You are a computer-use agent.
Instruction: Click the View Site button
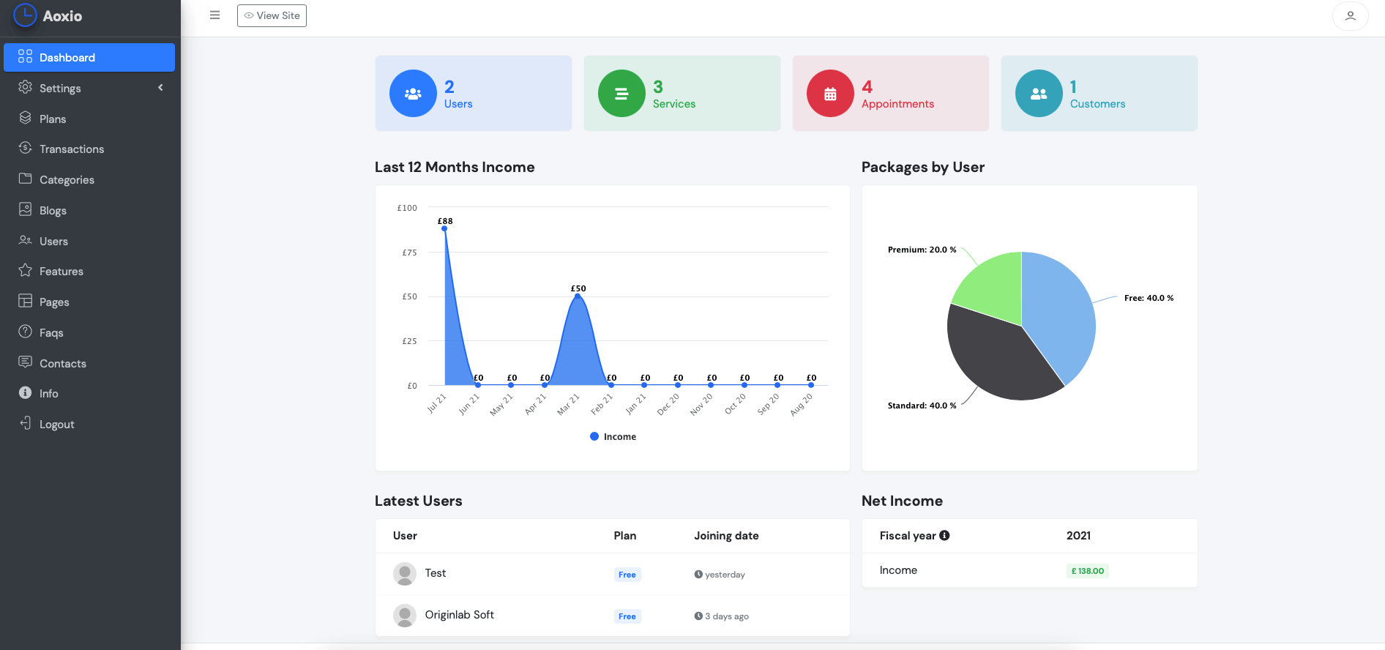272,15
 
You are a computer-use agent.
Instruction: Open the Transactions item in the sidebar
71,149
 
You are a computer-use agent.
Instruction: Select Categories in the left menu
67,180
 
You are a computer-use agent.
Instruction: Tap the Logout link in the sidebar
56,425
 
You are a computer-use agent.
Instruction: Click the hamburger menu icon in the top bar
214,15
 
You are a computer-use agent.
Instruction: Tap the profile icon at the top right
1350,15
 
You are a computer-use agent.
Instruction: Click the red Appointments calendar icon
830,94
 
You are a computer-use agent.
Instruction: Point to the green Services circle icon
621,94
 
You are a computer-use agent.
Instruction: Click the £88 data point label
445,221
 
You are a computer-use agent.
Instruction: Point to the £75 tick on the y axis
409,253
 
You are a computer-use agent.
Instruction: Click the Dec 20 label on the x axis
668,405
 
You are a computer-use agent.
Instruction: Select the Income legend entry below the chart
613,437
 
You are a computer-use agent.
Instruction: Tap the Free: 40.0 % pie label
1149,298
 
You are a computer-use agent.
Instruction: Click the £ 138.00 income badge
1087,571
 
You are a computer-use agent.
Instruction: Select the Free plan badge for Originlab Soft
627,616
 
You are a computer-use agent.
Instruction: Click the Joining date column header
726,536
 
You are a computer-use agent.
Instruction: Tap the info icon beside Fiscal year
945,536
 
